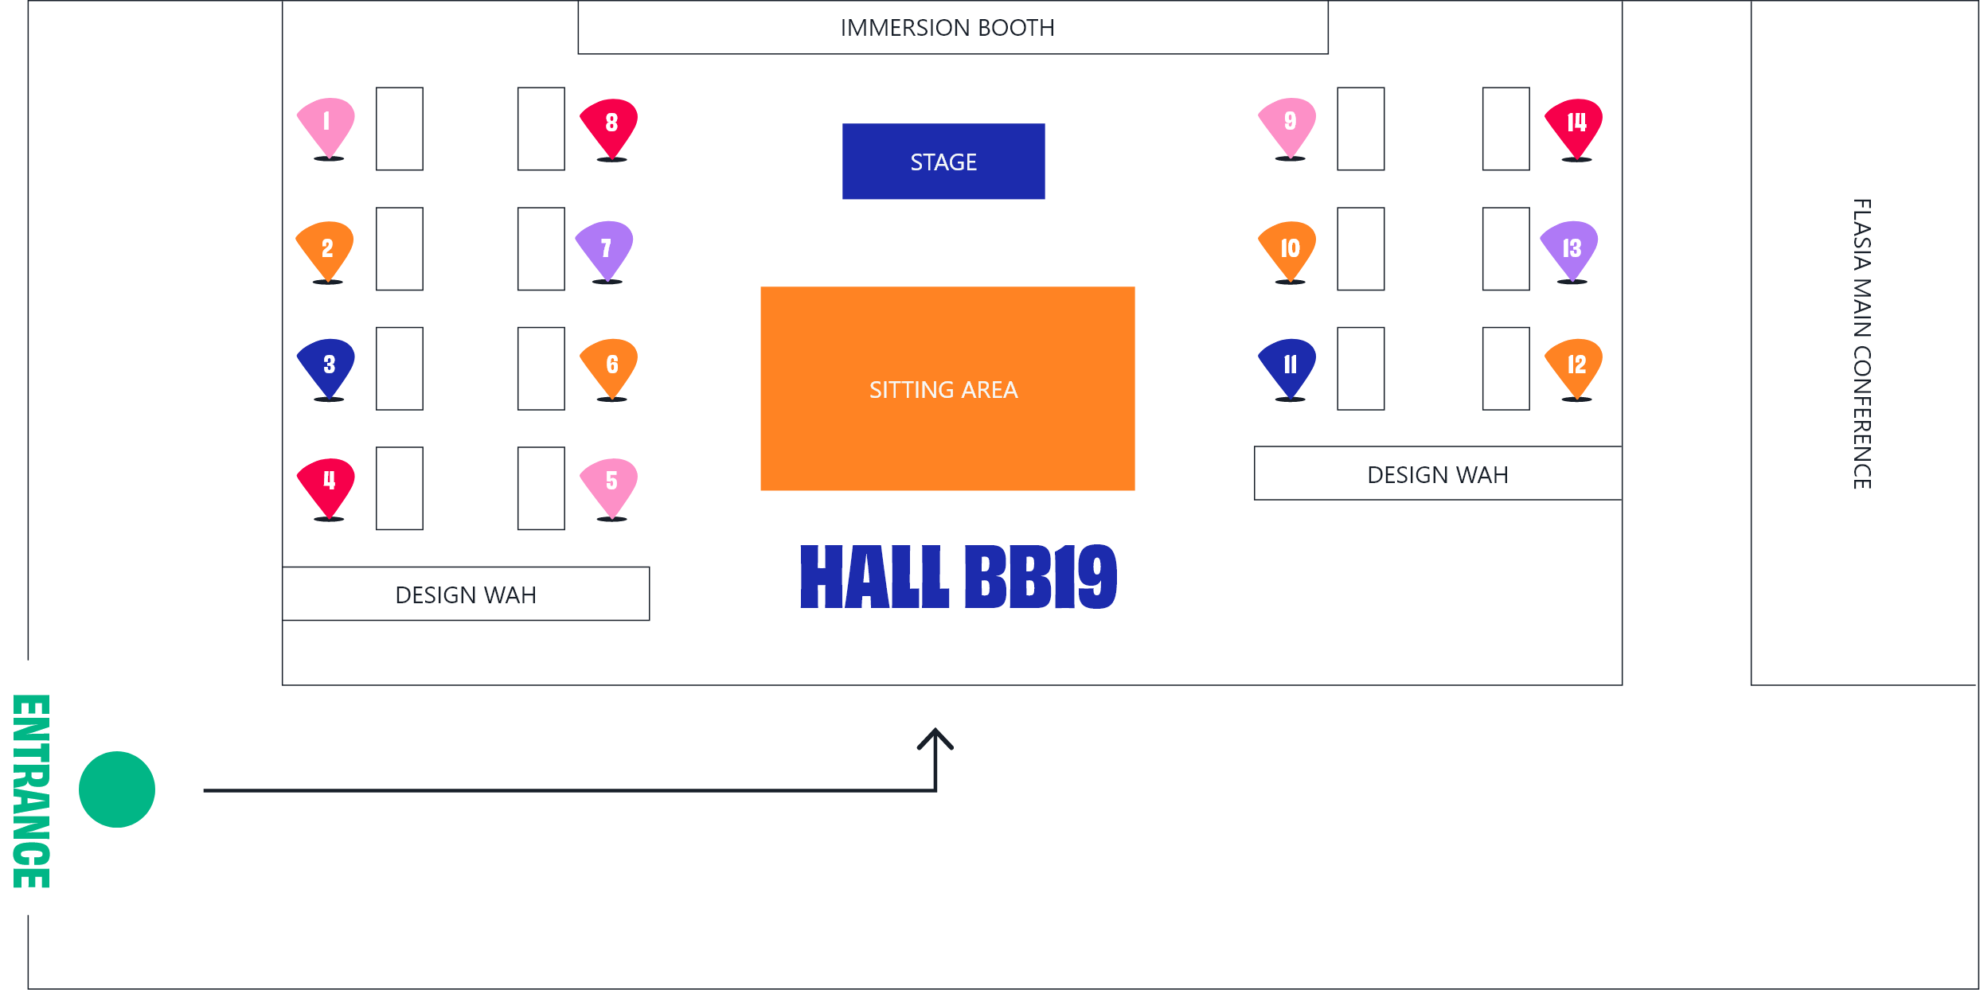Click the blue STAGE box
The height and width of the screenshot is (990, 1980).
[x=943, y=162]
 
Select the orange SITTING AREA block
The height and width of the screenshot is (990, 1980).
[x=947, y=388]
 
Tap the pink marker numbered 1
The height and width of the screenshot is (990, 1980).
[x=326, y=126]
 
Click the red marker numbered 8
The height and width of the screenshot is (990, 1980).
[x=610, y=127]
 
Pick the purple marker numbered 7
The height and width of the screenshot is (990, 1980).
[x=605, y=249]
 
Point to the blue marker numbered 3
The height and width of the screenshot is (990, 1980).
[x=326, y=367]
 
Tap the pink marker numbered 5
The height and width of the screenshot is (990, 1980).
[x=610, y=485]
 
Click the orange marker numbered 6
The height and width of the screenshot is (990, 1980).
[x=610, y=367]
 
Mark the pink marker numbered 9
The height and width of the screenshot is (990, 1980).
[x=1288, y=126]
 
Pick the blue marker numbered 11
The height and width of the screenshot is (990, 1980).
[x=1288, y=367]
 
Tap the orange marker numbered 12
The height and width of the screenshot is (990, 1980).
[x=1575, y=367]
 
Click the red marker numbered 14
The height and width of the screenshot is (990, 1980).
[x=1575, y=127]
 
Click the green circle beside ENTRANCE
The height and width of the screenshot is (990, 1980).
[x=117, y=789]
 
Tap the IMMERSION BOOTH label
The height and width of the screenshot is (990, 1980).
[x=947, y=28]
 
